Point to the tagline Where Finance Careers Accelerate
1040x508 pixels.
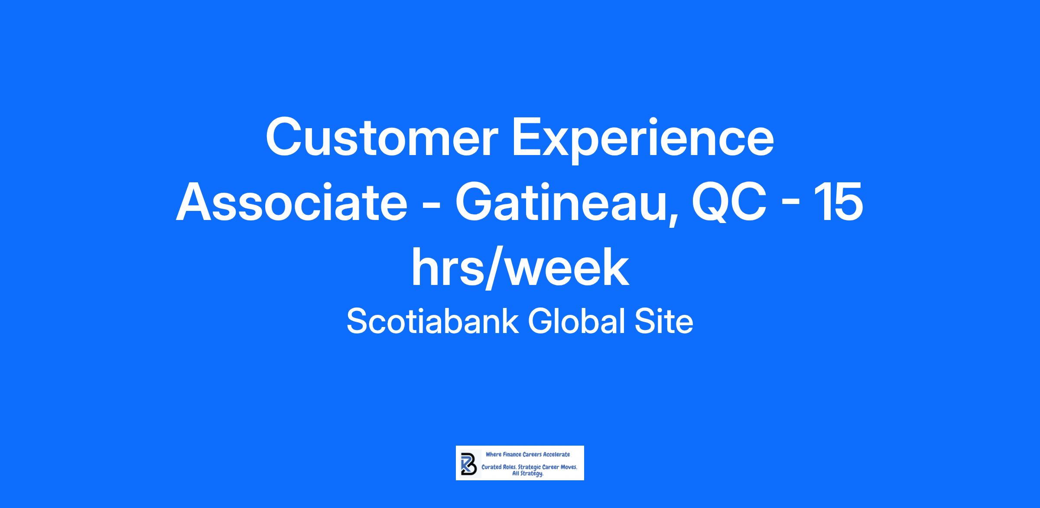coord(528,454)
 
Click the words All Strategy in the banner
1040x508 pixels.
coord(528,474)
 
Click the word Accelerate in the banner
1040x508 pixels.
coord(556,454)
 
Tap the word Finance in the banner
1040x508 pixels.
coord(511,454)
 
